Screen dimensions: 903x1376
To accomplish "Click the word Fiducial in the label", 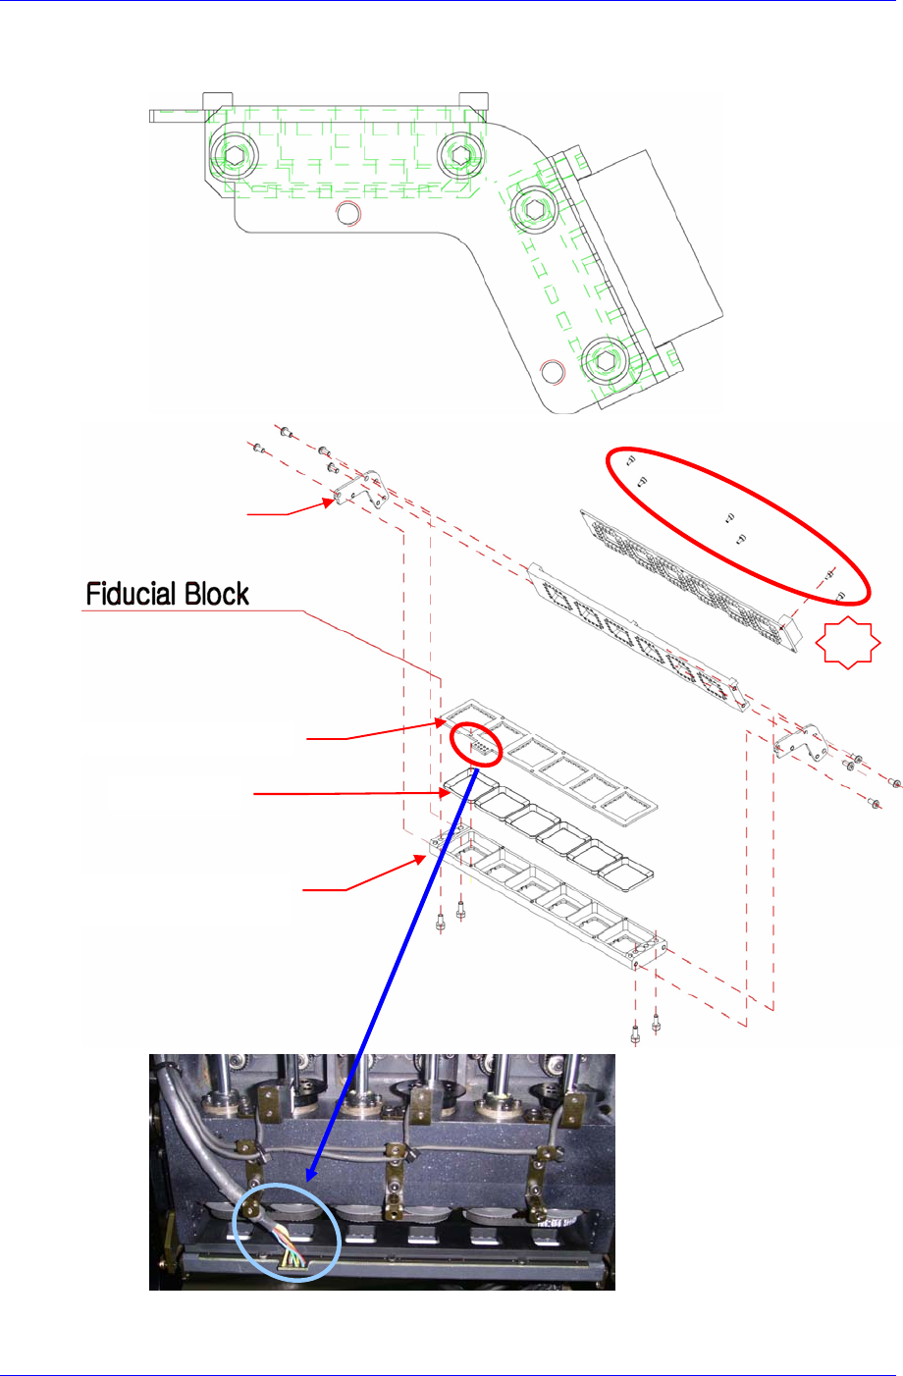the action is point(132,594).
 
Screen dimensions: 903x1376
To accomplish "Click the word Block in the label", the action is point(214,594).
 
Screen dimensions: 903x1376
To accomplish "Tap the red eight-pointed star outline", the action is point(847,643).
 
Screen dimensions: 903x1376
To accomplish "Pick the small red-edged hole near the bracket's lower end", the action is point(554,371).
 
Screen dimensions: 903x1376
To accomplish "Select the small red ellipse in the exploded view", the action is point(476,745).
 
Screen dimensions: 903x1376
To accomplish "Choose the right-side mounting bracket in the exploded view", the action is point(799,742).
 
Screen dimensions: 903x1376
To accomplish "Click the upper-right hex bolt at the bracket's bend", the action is point(533,207).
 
